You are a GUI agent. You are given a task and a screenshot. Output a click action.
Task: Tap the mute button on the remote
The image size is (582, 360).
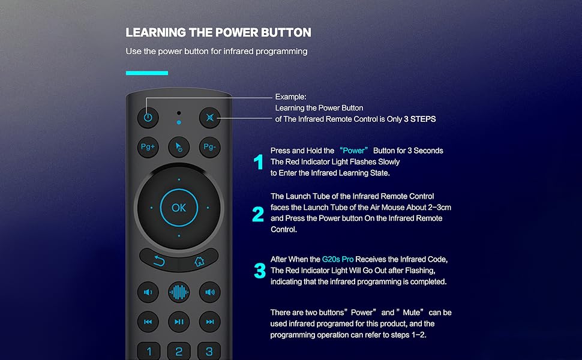210,118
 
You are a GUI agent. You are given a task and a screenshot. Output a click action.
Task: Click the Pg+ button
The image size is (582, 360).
148,147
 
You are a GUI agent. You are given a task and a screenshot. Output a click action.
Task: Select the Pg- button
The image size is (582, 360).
210,147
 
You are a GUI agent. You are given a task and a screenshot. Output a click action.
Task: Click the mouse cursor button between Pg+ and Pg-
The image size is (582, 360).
179,147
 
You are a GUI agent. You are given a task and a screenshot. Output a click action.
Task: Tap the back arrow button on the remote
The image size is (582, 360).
159,261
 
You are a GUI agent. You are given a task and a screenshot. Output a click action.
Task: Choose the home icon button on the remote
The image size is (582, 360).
199,261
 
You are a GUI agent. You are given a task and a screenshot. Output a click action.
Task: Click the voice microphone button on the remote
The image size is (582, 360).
179,292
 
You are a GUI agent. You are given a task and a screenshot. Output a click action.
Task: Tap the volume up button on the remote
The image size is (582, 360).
210,292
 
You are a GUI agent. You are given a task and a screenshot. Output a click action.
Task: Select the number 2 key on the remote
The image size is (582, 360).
179,351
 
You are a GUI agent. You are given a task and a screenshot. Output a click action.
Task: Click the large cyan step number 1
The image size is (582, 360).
259,162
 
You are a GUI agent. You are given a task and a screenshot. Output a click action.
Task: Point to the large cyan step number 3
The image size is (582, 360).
260,271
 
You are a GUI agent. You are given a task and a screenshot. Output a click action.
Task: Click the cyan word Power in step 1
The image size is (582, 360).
354,151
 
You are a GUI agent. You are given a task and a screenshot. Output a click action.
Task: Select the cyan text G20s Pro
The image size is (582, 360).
338,259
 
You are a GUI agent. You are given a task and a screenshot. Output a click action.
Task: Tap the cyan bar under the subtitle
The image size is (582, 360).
147,73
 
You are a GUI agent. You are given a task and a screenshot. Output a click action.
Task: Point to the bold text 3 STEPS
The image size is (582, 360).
420,119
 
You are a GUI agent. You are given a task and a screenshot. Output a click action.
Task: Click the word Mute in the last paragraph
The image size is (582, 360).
412,313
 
